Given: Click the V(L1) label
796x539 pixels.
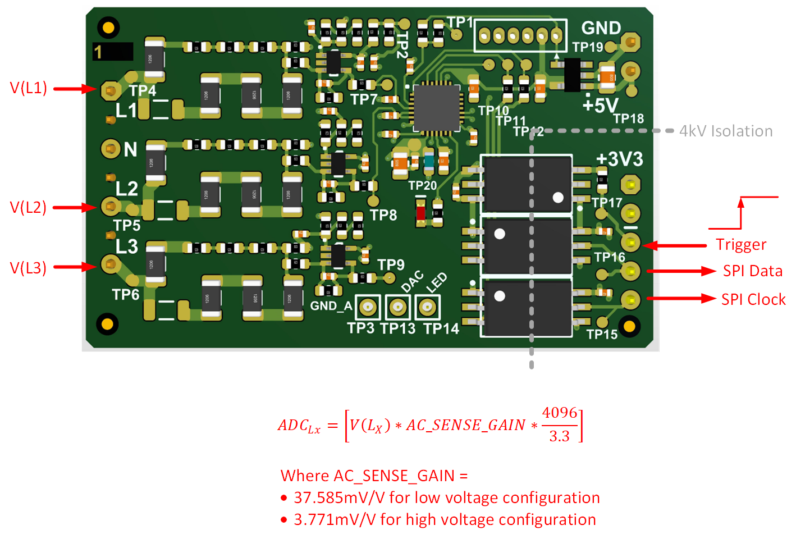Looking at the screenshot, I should [29, 88].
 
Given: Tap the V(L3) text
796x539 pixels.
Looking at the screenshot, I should [29, 268].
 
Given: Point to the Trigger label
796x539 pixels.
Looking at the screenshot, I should [741, 245].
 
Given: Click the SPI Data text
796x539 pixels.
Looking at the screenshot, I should [752, 271].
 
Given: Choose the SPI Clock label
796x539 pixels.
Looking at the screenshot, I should [753, 299].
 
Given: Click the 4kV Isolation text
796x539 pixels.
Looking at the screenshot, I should [726, 131].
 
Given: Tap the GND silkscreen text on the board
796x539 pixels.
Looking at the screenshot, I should [601, 28].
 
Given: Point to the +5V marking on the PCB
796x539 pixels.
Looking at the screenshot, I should [600, 105].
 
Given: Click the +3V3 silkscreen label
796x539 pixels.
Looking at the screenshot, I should [619, 159].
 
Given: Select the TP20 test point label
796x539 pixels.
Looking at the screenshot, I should [422, 186].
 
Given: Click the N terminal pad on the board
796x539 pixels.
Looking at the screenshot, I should [111, 149].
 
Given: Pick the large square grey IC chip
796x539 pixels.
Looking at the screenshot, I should [437, 107].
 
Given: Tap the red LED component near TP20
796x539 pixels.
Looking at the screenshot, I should [420, 213].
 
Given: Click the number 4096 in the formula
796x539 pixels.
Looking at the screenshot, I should [560, 413].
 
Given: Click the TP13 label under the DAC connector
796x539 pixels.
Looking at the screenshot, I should [397, 328].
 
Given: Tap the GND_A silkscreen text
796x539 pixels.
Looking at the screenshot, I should [331, 306].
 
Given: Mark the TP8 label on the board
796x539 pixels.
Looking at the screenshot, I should [383, 215].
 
